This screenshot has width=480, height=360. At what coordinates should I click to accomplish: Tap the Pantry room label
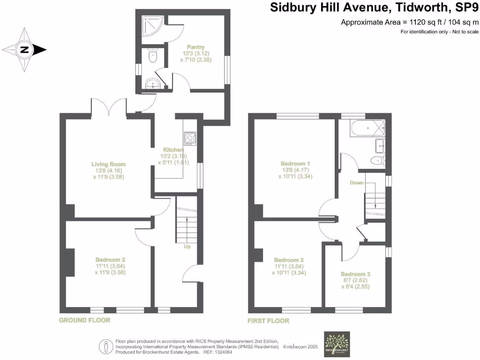pos(195,47)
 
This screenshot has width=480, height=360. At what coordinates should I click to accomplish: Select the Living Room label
pos(108,164)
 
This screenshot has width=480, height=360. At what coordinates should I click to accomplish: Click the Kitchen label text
pos(172,150)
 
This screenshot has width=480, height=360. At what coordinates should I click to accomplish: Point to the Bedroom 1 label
pos(296,164)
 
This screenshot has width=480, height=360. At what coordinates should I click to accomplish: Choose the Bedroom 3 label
pos(355,274)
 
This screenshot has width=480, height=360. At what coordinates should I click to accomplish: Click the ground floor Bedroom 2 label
pos(110,259)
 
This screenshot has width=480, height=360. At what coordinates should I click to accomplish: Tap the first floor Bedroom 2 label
pos(289,260)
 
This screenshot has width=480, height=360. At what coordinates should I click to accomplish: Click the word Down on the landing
pos(357,183)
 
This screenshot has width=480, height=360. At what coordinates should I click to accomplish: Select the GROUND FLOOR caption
pos(84,320)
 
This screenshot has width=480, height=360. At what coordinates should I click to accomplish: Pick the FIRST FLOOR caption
pos(268,321)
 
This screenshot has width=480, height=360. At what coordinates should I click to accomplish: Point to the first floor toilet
pos(377,161)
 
